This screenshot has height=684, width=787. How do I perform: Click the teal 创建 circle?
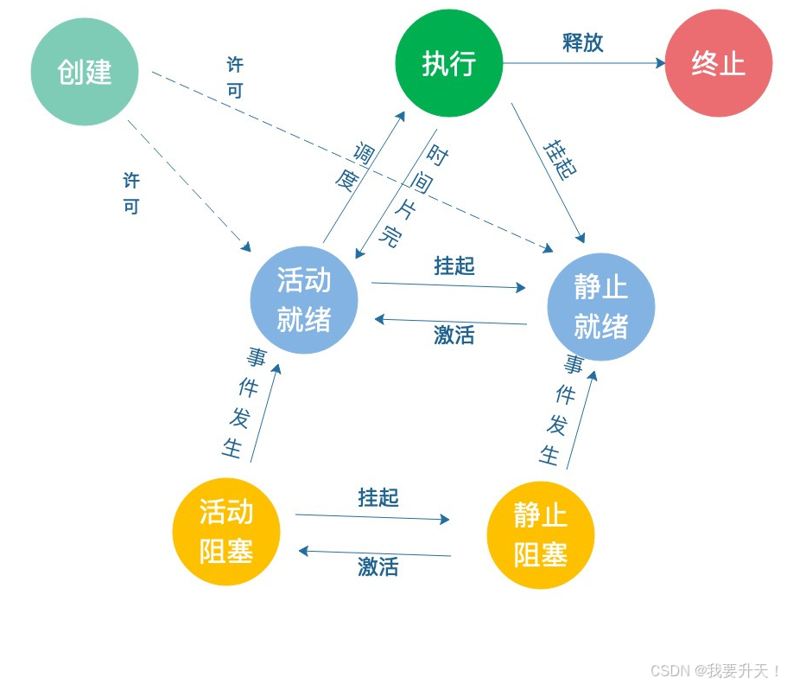85,72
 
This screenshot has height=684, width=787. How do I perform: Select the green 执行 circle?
449,63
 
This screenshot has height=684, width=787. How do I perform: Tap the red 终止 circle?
718,63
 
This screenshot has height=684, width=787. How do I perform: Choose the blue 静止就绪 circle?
601,307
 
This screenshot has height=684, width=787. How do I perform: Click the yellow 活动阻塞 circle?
226,532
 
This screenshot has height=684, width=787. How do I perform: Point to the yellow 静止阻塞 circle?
541,535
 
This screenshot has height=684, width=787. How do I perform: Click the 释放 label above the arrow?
583,43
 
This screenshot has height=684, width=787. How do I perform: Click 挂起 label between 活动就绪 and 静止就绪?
454,265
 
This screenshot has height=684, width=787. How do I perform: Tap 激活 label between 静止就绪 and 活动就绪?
454,335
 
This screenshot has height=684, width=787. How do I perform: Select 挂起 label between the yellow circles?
378,497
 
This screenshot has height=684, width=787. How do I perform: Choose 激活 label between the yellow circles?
378,567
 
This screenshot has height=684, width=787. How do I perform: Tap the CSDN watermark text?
715,670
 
